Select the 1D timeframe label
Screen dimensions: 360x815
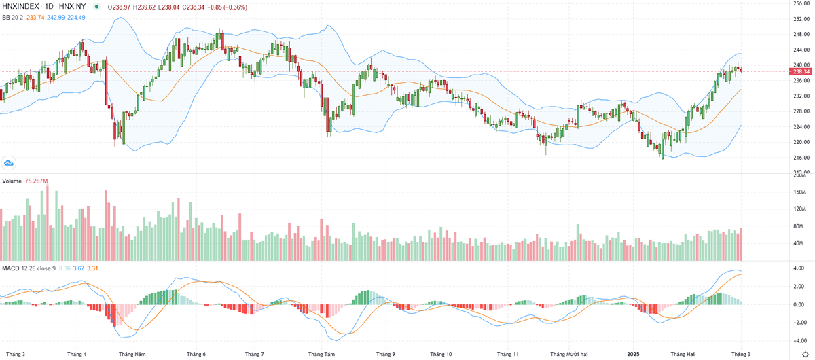pos(50,7)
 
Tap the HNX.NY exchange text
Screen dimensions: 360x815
pos(72,7)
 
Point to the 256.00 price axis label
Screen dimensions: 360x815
pos(802,3)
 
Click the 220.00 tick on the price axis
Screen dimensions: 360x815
pos(802,142)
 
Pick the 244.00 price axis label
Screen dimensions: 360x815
pos(802,50)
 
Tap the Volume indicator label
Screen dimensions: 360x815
pos(12,181)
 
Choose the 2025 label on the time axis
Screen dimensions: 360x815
pos(633,354)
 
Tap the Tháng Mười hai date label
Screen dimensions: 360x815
pos(568,354)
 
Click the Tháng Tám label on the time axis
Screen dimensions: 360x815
pos(321,354)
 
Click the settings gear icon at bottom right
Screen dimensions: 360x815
pos(805,354)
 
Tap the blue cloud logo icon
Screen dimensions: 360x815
pos(9,163)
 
